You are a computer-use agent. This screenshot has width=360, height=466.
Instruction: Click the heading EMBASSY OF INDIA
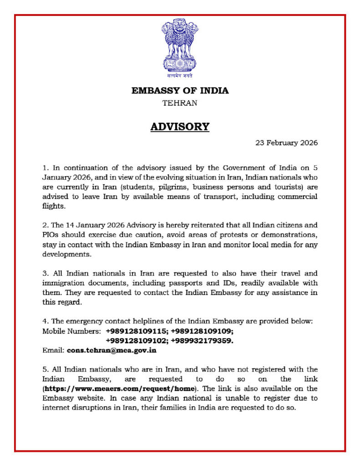(x=180, y=91)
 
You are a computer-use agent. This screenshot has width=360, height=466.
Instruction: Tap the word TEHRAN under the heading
(x=180, y=103)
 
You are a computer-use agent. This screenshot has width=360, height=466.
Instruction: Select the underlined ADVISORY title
(x=180, y=127)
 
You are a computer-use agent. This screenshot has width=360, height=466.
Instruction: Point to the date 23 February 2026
(x=286, y=142)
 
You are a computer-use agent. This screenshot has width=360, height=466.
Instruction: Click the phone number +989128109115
(x=136, y=331)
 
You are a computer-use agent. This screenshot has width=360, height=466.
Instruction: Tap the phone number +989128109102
(x=136, y=341)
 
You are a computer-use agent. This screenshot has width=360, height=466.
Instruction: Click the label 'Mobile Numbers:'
(x=71, y=331)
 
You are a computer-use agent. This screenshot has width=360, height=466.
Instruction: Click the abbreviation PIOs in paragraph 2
(x=51, y=235)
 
